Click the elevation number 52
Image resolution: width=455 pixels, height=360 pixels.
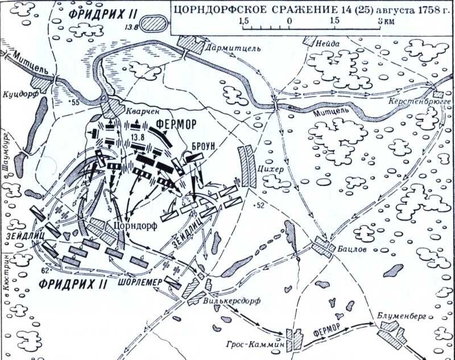261,205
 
